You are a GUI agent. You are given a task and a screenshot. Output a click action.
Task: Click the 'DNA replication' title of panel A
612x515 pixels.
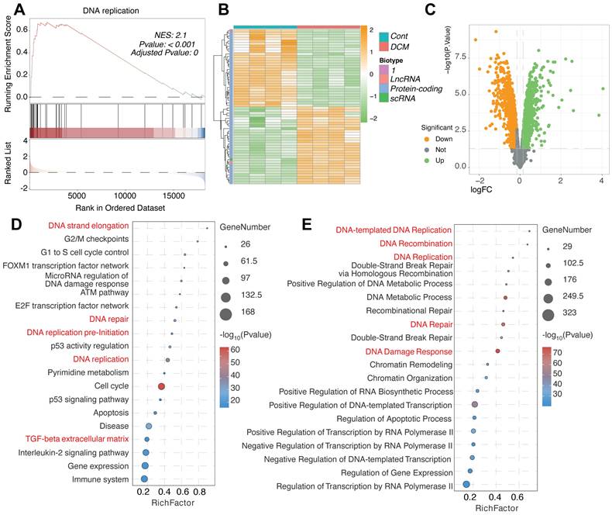(106, 9)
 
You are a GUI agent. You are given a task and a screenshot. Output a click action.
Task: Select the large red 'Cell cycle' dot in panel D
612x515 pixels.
(162, 385)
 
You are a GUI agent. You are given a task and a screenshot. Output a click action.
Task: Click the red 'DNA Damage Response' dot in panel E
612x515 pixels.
(497, 351)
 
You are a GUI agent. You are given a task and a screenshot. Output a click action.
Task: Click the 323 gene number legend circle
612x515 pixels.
(548, 314)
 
